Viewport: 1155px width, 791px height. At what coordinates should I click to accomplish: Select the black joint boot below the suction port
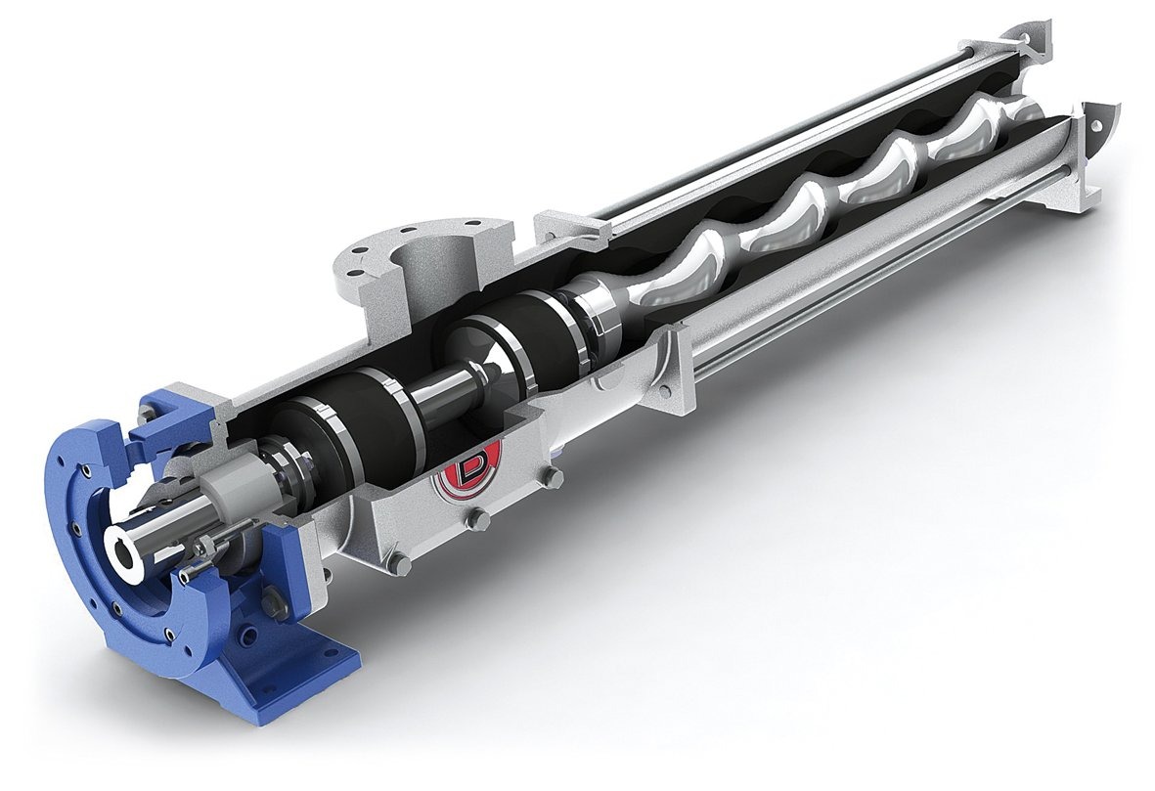point(508,341)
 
